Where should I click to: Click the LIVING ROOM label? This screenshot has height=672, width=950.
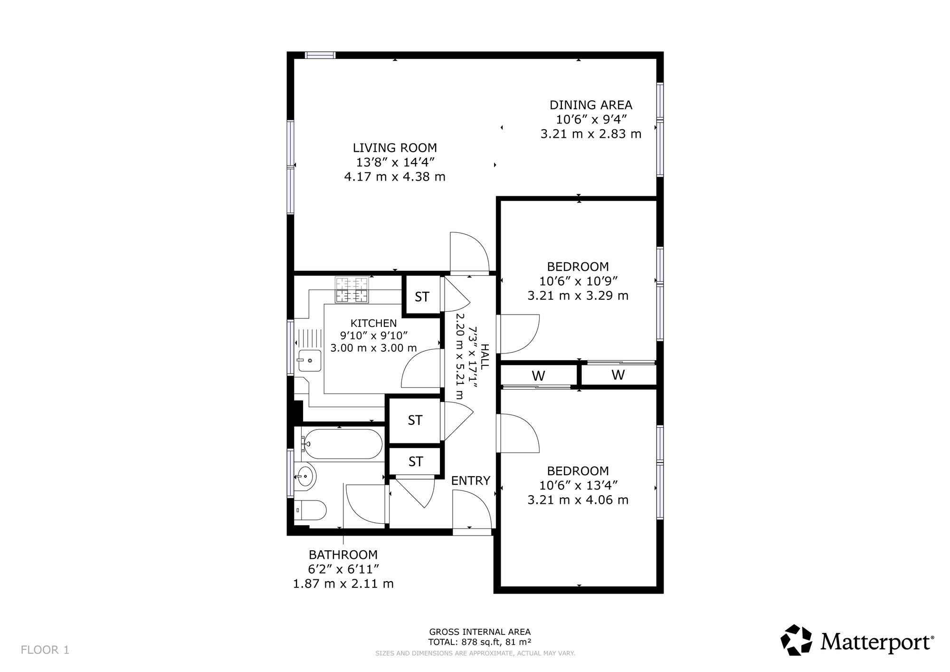point(395,148)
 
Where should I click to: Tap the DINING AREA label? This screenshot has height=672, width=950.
point(591,105)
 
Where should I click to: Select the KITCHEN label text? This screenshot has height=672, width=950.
point(373,324)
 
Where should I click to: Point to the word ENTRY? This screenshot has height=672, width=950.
point(470,481)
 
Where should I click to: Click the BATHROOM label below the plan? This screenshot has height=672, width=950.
point(343,555)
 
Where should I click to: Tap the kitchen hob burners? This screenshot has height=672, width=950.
point(352,290)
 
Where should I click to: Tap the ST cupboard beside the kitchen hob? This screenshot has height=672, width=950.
point(422,297)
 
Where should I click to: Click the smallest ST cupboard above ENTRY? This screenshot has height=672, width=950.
point(416,461)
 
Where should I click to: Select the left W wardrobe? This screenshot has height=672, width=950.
point(538,376)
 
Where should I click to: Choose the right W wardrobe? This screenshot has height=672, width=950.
point(618,375)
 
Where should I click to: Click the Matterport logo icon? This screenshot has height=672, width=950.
point(797,640)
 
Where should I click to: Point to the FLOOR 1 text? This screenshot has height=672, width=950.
point(45,650)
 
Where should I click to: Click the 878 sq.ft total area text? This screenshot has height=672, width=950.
point(480,642)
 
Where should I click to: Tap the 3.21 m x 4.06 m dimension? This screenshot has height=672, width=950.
point(578,500)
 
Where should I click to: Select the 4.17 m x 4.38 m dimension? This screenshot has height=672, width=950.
point(395,177)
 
